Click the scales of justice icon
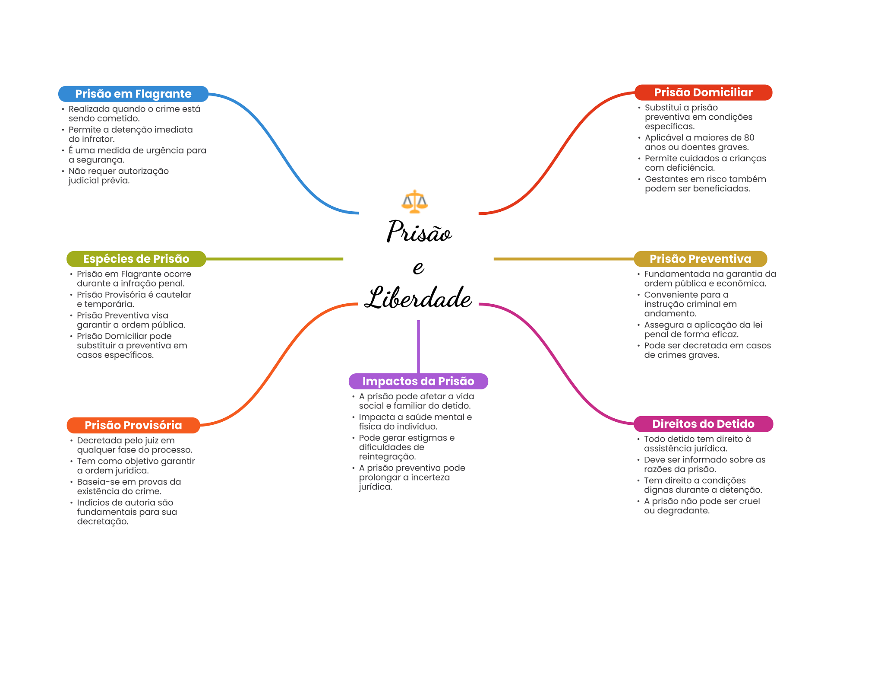[x=414, y=201]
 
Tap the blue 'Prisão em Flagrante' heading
[x=133, y=94]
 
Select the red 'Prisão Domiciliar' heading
[x=703, y=92]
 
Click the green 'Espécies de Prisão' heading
[x=136, y=259]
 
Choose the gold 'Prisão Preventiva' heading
[x=700, y=259]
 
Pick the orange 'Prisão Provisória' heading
[x=133, y=425]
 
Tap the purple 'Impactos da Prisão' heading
[x=418, y=381]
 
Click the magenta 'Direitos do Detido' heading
[x=703, y=424]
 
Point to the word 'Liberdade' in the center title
[x=418, y=298]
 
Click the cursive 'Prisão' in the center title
[x=419, y=232]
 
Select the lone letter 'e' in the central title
[x=418, y=267]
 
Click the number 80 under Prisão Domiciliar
[x=749, y=138]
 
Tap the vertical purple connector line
[x=418, y=346]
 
